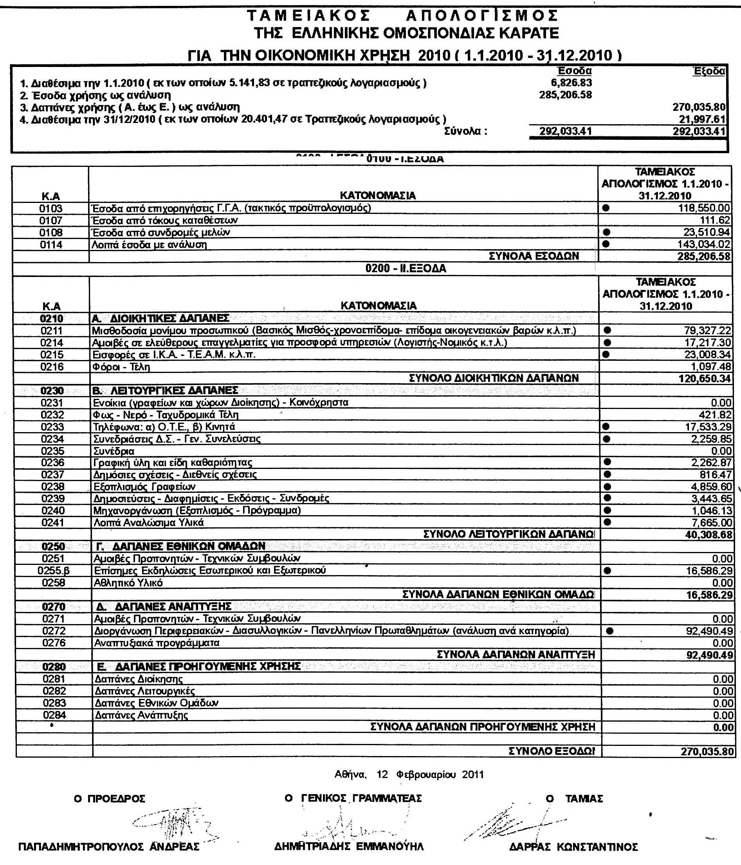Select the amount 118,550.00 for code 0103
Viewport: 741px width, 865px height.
tap(705, 208)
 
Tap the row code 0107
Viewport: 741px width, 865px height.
tap(50, 220)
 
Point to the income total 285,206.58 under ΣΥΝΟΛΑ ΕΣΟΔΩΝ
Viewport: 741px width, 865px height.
tap(704, 256)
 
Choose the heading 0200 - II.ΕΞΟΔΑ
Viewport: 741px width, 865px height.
tap(406, 268)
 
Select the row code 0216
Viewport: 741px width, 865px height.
tap(52, 367)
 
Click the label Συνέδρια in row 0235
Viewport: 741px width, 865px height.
tap(113, 451)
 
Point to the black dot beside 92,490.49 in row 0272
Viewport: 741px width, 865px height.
tap(609, 631)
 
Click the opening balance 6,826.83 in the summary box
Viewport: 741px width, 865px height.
tap(571, 83)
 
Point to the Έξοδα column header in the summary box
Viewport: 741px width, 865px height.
tap(709, 71)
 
